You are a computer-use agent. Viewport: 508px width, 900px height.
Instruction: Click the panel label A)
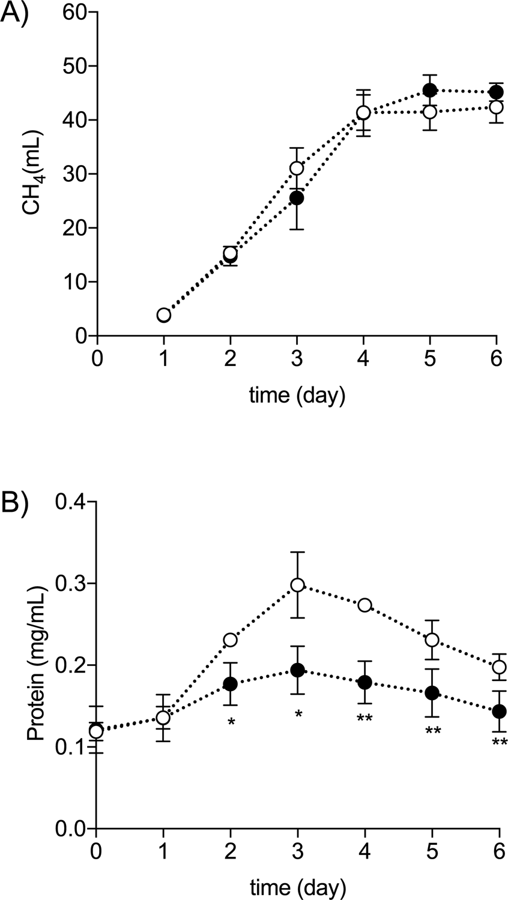16,13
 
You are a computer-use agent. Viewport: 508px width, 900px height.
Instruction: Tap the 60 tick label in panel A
75,13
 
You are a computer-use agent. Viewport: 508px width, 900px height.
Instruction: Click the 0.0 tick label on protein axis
71,829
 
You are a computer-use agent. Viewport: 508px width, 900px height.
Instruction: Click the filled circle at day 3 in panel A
297,197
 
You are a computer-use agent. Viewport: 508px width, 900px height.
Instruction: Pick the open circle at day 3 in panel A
297,168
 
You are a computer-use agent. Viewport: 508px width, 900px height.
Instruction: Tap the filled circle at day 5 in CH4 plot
430,90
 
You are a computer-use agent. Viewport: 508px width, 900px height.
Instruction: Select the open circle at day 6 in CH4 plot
497,107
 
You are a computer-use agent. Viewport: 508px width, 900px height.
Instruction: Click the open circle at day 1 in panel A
163,315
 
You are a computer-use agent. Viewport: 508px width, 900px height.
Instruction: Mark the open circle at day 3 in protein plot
297,585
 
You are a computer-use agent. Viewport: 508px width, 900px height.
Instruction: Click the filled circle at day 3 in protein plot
297,670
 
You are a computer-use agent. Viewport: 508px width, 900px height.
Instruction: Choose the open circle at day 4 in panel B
364,605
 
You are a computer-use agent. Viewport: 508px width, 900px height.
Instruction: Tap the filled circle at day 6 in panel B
498,711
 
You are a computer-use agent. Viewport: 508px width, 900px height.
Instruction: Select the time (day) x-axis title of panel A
298,397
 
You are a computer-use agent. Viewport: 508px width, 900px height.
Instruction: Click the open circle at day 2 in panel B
231,640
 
